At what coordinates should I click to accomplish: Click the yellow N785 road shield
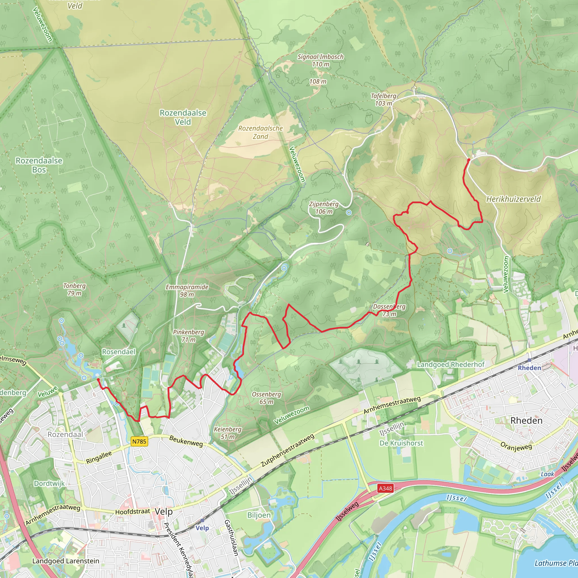point(139,441)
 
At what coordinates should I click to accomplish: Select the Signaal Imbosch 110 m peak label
point(320,60)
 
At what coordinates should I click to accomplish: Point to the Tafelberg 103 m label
point(384,100)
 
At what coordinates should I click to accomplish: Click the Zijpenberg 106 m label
point(324,208)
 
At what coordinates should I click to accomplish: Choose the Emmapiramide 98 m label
point(187,290)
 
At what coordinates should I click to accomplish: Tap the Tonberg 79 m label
point(74,289)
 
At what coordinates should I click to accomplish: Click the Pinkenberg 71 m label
point(189,336)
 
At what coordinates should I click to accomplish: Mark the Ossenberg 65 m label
point(266,398)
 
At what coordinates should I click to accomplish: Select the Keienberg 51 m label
point(227,433)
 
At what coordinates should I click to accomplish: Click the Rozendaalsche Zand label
point(260,132)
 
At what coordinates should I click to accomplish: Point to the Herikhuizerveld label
point(513,199)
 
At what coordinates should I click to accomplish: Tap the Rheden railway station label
point(529,368)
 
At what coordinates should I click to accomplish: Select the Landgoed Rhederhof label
point(450,364)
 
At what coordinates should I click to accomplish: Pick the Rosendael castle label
point(119,352)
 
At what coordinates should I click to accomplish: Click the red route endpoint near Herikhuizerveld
point(469,160)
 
